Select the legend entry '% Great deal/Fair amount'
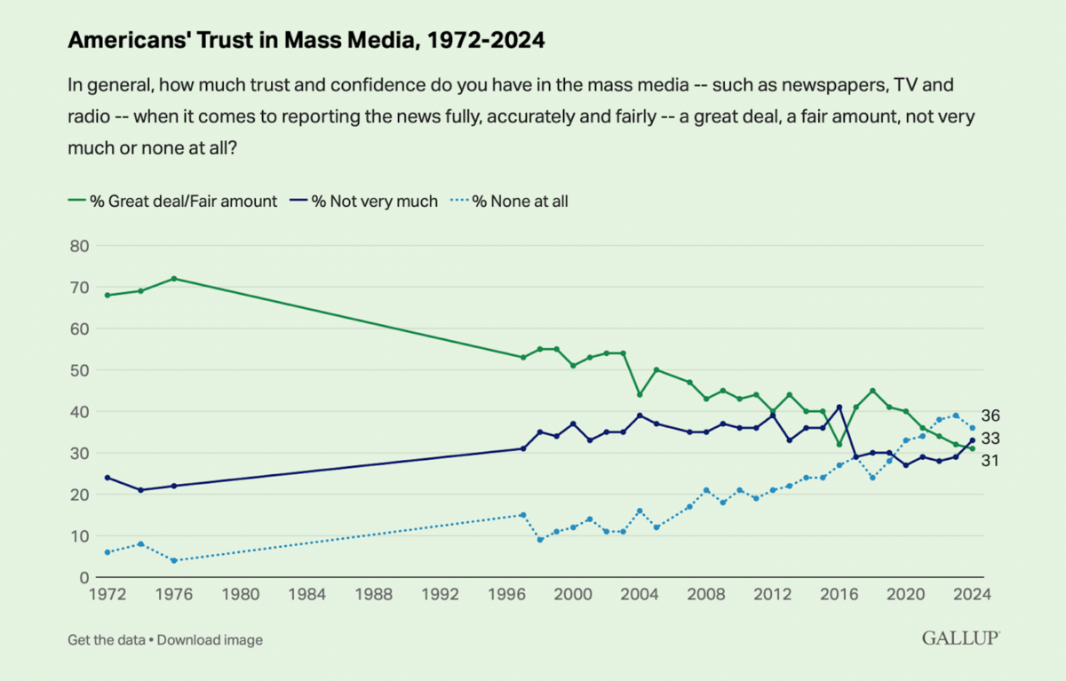click(172, 202)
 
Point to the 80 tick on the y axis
click(78, 245)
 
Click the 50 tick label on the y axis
click(78, 369)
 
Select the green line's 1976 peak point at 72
click(174, 278)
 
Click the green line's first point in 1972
click(107, 295)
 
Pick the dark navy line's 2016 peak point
click(839, 407)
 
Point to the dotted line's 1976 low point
click(174, 560)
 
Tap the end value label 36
click(991, 416)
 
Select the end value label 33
click(991, 439)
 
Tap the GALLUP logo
click(960, 638)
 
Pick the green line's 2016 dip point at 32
click(839, 444)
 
